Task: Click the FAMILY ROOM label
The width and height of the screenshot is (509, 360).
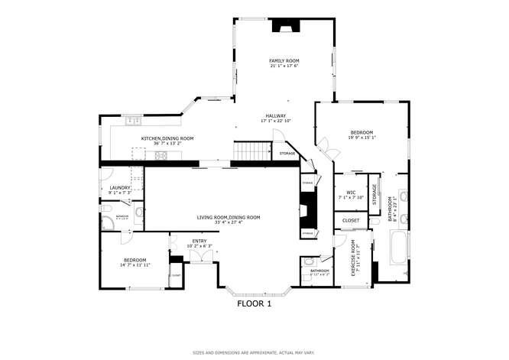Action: point(284,60)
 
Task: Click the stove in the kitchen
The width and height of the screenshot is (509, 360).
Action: point(161,155)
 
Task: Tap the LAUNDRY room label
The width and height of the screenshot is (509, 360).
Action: point(120,187)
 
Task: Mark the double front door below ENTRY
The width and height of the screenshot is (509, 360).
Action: point(200,261)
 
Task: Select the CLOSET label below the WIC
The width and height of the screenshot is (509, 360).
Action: point(351,220)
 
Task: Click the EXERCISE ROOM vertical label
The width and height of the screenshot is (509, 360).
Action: point(354,258)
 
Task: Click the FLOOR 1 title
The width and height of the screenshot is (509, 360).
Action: point(254,303)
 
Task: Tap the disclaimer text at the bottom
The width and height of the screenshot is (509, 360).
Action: point(254,353)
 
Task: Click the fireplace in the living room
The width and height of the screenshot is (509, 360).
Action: point(306,207)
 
